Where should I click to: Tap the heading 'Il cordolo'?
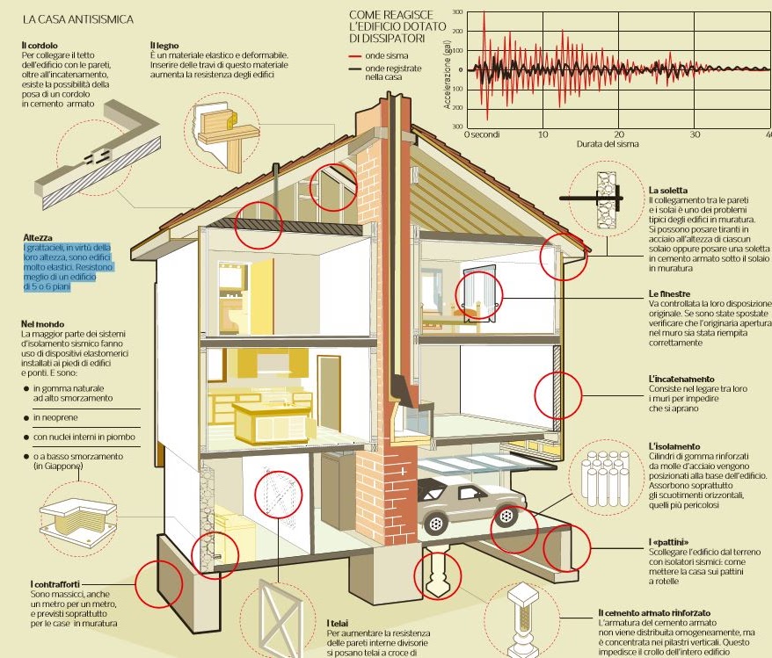(x=40, y=45)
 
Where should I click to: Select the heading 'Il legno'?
(x=164, y=45)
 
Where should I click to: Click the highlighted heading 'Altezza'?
(x=39, y=238)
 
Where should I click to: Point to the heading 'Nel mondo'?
(x=43, y=325)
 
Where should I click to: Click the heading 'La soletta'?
(x=667, y=191)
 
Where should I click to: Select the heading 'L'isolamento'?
(x=674, y=445)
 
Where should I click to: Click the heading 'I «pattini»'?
(x=669, y=541)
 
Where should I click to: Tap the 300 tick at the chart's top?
(x=456, y=12)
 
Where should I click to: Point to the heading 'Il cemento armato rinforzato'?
(x=654, y=611)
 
